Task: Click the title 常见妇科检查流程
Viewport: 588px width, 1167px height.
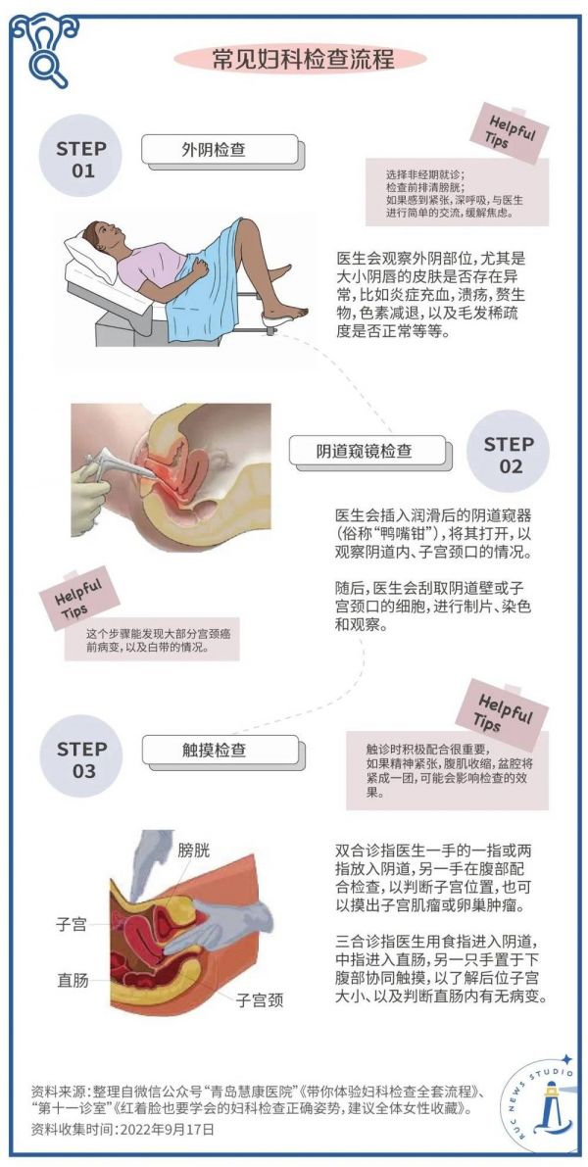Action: (x=293, y=59)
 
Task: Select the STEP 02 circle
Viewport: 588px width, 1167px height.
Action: (x=509, y=456)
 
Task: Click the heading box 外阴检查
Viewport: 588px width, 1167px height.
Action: (x=221, y=151)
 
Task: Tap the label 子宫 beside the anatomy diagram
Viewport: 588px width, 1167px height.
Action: (x=72, y=925)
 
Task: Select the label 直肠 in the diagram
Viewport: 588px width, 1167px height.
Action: (x=73, y=980)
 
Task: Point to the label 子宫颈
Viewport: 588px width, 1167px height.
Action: (x=260, y=999)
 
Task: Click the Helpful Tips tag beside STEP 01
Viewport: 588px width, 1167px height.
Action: (x=509, y=133)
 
